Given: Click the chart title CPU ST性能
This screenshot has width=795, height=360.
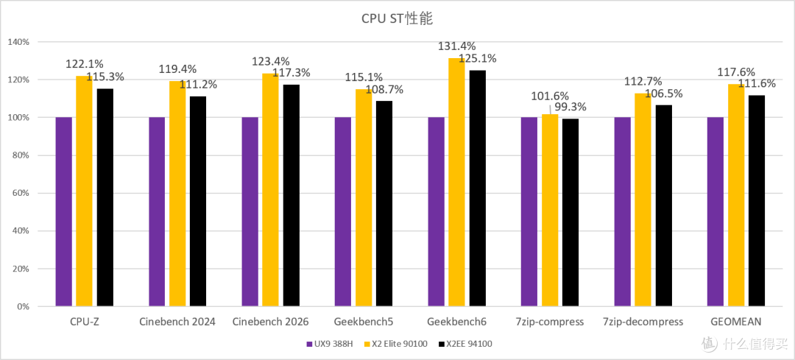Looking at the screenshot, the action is coord(397,18).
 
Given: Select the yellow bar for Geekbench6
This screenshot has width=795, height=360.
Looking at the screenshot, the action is coord(457,183).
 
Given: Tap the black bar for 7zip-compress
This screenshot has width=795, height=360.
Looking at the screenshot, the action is coord(570,213).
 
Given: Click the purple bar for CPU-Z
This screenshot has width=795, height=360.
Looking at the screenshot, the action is coord(64,212).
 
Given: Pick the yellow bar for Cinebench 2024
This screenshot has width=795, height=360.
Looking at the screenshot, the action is coord(177,194).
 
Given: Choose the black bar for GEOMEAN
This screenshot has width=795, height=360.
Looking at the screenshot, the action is coord(757,201).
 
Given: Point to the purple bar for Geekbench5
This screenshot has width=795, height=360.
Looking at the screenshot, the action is coord(343,212).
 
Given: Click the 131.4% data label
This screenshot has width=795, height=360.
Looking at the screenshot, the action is coord(457,47).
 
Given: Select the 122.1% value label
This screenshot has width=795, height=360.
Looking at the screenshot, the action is coord(85,64).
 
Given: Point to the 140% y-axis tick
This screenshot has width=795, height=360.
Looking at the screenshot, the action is coord(19,42).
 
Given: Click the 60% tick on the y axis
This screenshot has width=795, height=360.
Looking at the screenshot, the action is coord(21,193).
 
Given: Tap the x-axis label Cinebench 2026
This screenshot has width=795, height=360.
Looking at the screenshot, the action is coord(270,322).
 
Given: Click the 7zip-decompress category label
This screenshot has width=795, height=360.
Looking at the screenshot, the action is coord(643,322).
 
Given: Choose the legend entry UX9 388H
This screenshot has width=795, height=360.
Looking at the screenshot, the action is coord(330,345).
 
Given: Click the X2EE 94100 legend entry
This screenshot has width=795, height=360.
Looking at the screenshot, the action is coord(465,345).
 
